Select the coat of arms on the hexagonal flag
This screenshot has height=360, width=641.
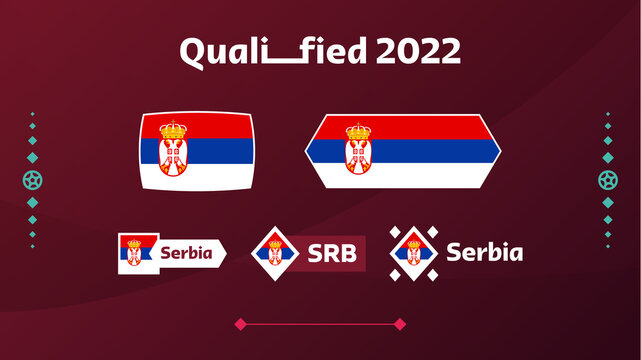point(359,150)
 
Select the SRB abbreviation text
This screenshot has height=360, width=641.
point(329,253)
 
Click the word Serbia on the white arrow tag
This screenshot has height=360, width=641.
point(186,253)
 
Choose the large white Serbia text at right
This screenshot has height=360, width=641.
point(484,252)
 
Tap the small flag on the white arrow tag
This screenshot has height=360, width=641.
point(136,253)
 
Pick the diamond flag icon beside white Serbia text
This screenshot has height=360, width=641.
point(412,253)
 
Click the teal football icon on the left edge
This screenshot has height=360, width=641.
point(33,181)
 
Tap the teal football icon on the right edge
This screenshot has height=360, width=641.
point(607,181)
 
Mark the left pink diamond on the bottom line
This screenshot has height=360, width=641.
point(240,324)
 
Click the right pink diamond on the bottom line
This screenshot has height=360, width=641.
point(400,324)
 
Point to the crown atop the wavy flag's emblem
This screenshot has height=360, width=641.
point(174,129)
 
